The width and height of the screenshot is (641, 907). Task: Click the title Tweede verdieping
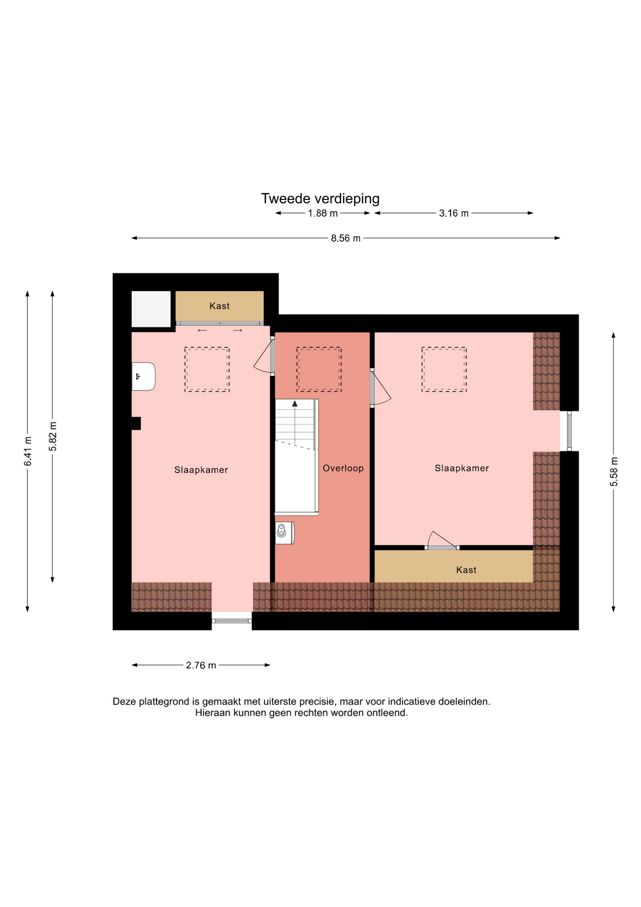click(320, 199)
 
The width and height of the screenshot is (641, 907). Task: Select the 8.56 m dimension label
click(346, 239)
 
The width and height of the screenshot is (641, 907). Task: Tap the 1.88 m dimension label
click(323, 214)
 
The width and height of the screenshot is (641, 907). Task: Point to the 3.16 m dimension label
click(454, 214)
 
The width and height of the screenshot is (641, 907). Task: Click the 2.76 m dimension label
click(201, 666)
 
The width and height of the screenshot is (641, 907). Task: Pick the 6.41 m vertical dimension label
click(28, 451)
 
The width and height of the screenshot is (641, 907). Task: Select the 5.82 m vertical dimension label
click(53, 436)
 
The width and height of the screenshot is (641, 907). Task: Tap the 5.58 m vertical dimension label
click(614, 472)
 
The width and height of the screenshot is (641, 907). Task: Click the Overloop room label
click(343, 469)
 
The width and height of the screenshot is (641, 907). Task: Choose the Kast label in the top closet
click(219, 306)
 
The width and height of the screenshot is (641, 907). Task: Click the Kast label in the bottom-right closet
click(466, 570)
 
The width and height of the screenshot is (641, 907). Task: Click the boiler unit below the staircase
click(285, 533)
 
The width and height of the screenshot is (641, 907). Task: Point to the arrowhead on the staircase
click(295, 403)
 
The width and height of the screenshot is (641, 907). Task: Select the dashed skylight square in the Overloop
click(319, 369)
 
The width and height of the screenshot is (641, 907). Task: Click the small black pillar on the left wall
click(136, 423)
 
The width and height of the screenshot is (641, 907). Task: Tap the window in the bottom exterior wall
click(232, 620)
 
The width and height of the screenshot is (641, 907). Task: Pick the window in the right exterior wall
click(569, 431)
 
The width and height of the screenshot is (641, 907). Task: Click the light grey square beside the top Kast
click(151, 309)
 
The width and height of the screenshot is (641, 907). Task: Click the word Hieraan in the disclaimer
click(213, 713)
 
